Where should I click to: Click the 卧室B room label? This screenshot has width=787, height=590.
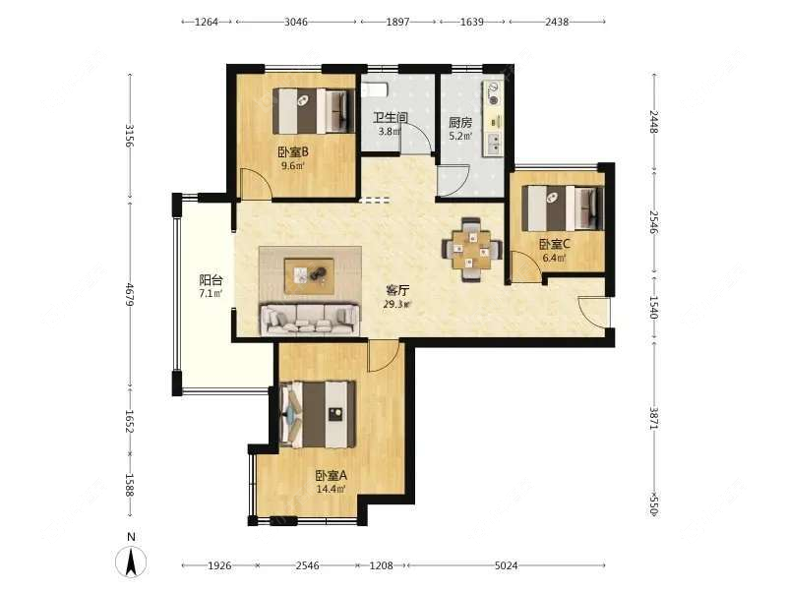pos(293,151)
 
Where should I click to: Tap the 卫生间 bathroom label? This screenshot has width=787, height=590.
pos(390,118)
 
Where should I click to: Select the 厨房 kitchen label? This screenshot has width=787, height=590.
pos(460,122)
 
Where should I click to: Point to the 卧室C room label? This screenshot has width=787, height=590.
pos(555,244)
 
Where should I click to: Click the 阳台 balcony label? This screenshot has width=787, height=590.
pos(211,280)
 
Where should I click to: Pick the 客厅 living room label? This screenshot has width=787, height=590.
pos(397,290)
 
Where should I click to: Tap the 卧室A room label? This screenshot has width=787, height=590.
pos(332,475)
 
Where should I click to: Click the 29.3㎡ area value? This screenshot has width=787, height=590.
pos(397,304)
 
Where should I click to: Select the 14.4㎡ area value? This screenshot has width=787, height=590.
pos(332,489)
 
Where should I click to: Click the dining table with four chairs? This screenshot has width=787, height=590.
pos(471,250)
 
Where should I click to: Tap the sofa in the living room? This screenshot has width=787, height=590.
pos(310,319)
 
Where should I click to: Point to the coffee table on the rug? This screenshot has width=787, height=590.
pos(309,275)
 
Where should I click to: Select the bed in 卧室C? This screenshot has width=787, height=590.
pos(562,208)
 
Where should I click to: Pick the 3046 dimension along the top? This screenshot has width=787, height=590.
pos(296,22)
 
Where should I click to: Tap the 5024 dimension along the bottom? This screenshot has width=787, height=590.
pos(506,565)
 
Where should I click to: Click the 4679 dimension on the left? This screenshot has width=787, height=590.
pos(130,294)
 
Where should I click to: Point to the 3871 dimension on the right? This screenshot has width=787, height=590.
pos(654,417)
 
